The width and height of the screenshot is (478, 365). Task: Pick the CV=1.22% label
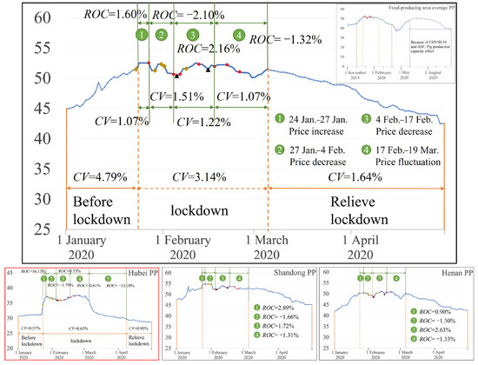pyautogui.click(x=203, y=122)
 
